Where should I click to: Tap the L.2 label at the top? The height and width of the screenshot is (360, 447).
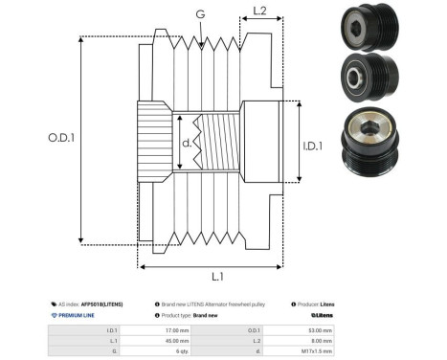tap(259, 12)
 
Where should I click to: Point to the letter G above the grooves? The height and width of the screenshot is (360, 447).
tap(199, 13)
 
